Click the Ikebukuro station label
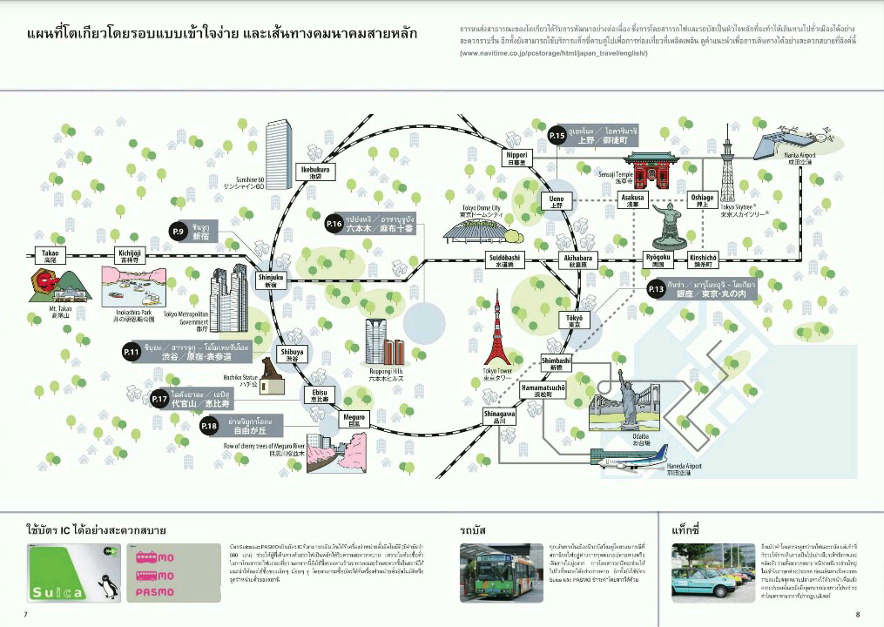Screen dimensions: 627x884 [316, 172]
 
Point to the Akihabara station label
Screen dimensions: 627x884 [577, 262]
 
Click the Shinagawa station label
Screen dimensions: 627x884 [500, 417]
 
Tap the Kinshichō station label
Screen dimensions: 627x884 [704, 261]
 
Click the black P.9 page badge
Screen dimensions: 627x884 [178, 232]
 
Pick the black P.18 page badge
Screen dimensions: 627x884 [209, 426]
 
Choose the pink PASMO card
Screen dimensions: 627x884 [173, 573]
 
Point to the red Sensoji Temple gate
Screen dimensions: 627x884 [654, 171]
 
